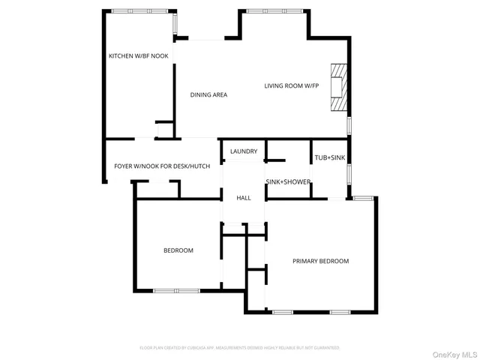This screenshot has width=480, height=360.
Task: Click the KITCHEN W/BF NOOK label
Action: pyautogui.click(x=139, y=56)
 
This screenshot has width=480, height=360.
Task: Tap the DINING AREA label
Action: pyautogui.click(x=208, y=94)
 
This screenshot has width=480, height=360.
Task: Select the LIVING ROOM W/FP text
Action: pyautogui.click(x=292, y=85)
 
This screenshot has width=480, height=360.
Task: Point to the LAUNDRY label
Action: pyautogui.click(x=244, y=151)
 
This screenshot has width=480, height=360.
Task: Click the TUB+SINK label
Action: pyautogui.click(x=330, y=157)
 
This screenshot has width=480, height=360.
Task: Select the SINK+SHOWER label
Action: pyautogui.click(x=288, y=181)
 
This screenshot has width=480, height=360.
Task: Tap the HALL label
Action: pyautogui.click(x=244, y=198)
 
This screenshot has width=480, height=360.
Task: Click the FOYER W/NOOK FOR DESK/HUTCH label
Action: pyautogui.click(x=162, y=166)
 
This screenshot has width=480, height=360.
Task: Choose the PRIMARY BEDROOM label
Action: pyautogui.click(x=320, y=261)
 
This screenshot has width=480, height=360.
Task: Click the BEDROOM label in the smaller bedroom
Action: pyautogui.click(x=178, y=250)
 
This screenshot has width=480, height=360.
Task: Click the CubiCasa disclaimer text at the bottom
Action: pyautogui.click(x=240, y=348)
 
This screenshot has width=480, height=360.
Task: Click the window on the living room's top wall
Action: pyautogui.click(x=273, y=11)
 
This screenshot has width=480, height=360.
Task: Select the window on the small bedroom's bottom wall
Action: pyautogui.click(x=176, y=290)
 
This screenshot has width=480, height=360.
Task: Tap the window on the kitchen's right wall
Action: pyautogui.click(x=175, y=27)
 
